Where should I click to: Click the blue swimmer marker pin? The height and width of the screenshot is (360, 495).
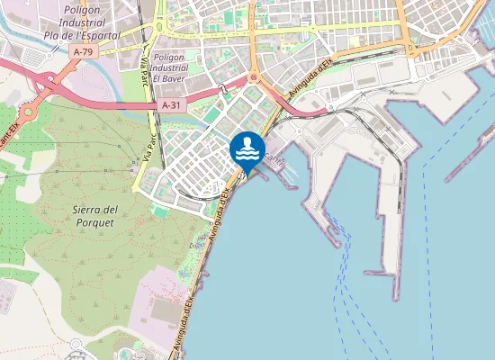(x=247, y=149)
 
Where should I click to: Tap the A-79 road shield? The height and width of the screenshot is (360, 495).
(x=84, y=52)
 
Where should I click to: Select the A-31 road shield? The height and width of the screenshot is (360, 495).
(x=173, y=106)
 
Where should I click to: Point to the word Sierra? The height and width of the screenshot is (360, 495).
(x=94, y=210)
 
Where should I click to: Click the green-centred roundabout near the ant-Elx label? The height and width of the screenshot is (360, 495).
(x=29, y=112)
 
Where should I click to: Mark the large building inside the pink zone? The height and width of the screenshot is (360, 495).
(x=163, y=310)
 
